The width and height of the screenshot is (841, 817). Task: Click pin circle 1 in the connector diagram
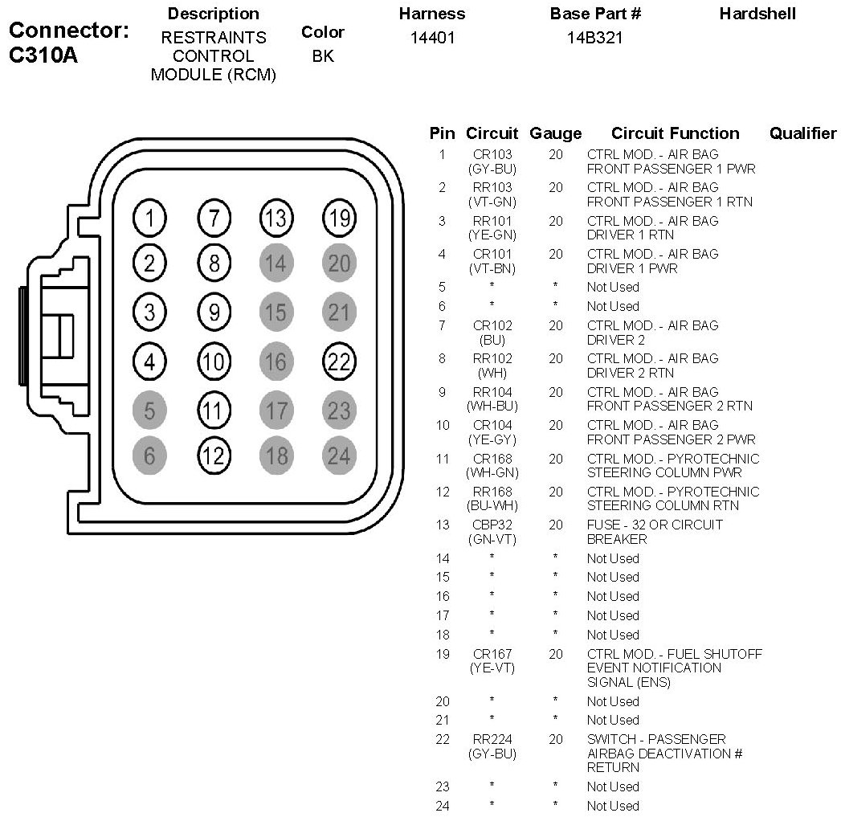pos(149,218)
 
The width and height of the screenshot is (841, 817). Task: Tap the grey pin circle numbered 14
pos(276,263)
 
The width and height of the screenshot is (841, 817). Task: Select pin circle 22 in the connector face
pos(339,362)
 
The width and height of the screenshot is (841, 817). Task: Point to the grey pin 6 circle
pos(149,455)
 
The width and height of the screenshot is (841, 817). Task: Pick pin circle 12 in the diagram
pos(213,455)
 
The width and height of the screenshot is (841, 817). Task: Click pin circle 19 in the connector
pos(339,218)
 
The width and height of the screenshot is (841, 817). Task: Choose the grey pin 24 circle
pos(339,455)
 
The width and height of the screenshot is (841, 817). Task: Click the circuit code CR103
pos(492,154)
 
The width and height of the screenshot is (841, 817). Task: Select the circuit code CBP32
pos(492,525)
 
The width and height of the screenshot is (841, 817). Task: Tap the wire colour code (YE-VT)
pos(492,668)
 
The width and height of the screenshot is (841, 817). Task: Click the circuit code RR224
pos(492,739)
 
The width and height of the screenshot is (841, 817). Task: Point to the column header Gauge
pos(556,133)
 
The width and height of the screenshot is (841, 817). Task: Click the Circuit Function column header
pos(675,133)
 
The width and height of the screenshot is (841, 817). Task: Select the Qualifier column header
pos(802,133)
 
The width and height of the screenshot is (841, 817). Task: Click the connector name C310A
pos(43,57)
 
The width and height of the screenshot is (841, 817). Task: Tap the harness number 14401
pos(432,38)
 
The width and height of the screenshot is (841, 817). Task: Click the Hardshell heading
pos(757,14)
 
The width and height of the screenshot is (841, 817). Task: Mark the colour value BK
pos(323,56)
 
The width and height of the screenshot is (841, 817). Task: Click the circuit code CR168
pos(492,459)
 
